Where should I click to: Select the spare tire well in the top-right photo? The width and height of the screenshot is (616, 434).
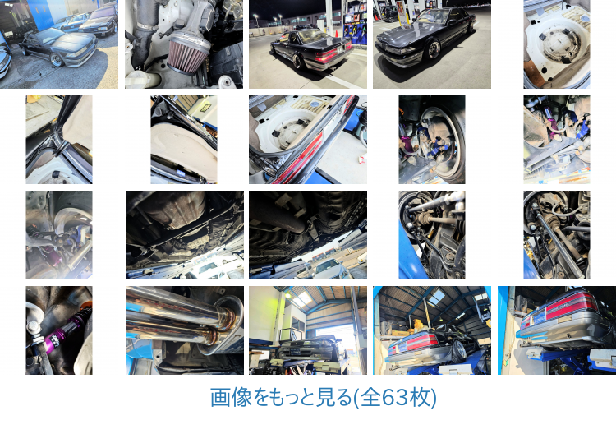tap(557, 46)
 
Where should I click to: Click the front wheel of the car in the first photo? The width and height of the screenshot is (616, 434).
tap(56, 60)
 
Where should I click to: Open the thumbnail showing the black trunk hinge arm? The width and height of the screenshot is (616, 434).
tap(59, 140)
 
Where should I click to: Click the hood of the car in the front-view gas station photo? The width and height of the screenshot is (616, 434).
tap(397, 38)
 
